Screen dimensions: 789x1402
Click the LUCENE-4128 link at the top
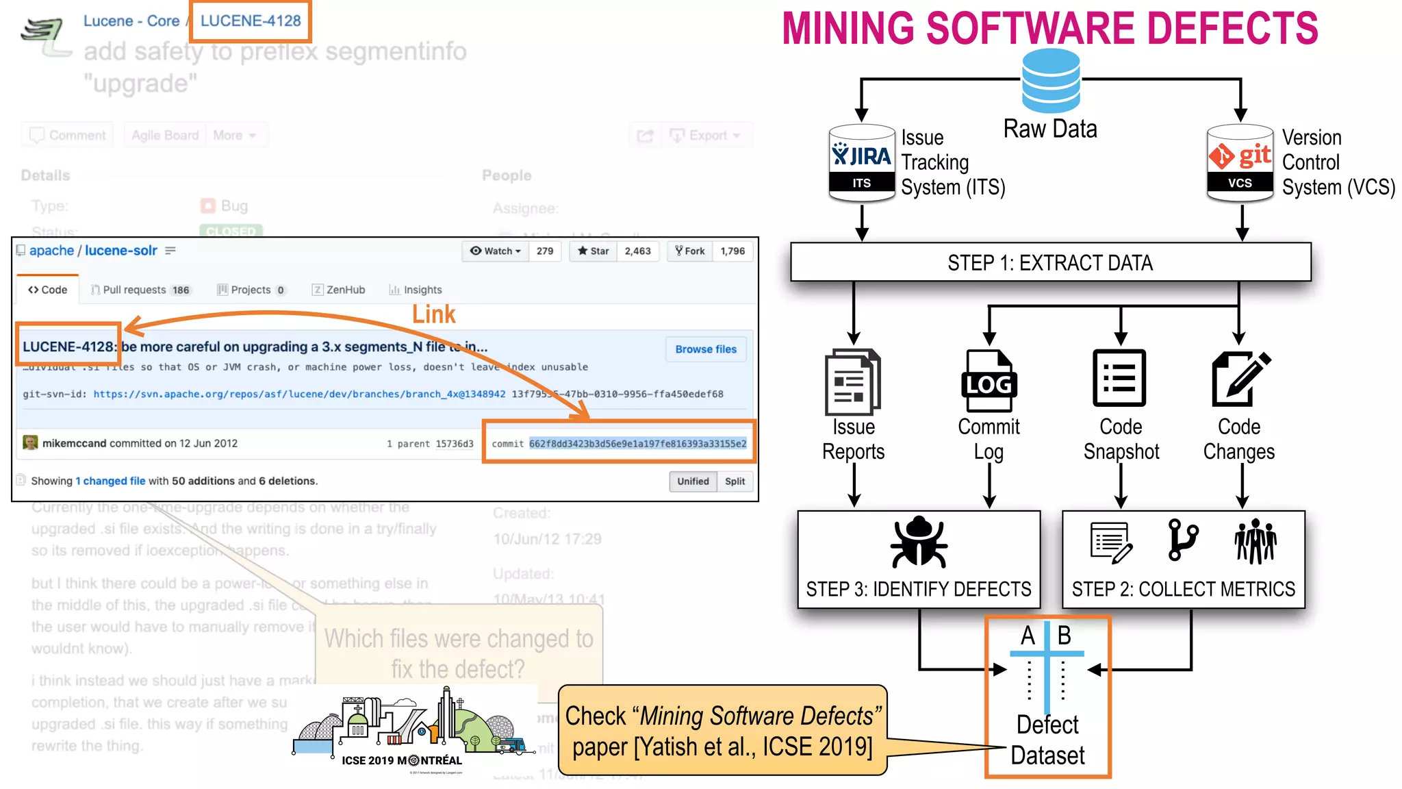point(250,21)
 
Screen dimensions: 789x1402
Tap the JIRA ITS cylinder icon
point(861,163)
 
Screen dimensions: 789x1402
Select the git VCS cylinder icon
point(1240,163)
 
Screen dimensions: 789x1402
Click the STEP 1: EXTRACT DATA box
point(1050,262)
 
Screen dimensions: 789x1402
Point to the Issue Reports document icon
point(853,381)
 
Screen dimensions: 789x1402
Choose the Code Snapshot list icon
point(1119,378)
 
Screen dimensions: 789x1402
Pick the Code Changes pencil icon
point(1240,378)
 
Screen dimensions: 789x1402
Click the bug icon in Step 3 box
point(919,542)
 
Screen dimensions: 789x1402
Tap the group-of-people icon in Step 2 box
point(1255,541)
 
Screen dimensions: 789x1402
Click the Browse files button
point(706,349)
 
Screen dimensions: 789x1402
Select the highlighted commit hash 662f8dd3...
point(637,444)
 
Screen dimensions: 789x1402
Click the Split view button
point(735,481)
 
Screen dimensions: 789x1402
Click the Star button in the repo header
point(593,251)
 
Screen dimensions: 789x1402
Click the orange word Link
point(433,314)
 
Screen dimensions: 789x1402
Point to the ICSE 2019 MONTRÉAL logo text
point(402,760)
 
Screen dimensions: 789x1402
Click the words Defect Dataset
point(1047,740)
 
